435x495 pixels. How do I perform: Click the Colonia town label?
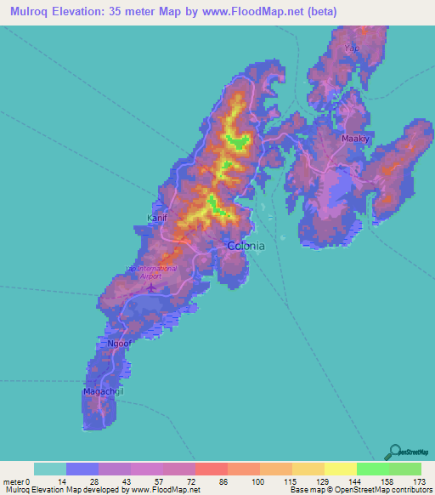click(x=246, y=246)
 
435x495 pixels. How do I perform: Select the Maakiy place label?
click(x=353, y=138)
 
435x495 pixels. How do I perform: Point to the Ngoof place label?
click(x=118, y=344)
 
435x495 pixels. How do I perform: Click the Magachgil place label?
click(x=101, y=391)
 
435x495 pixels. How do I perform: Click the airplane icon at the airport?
click(x=151, y=287)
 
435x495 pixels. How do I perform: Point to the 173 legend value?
click(x=420, y=481)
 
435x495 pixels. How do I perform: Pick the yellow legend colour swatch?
click(x=340, y=469)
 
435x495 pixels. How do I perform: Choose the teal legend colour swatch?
click(x=50, y=469)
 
